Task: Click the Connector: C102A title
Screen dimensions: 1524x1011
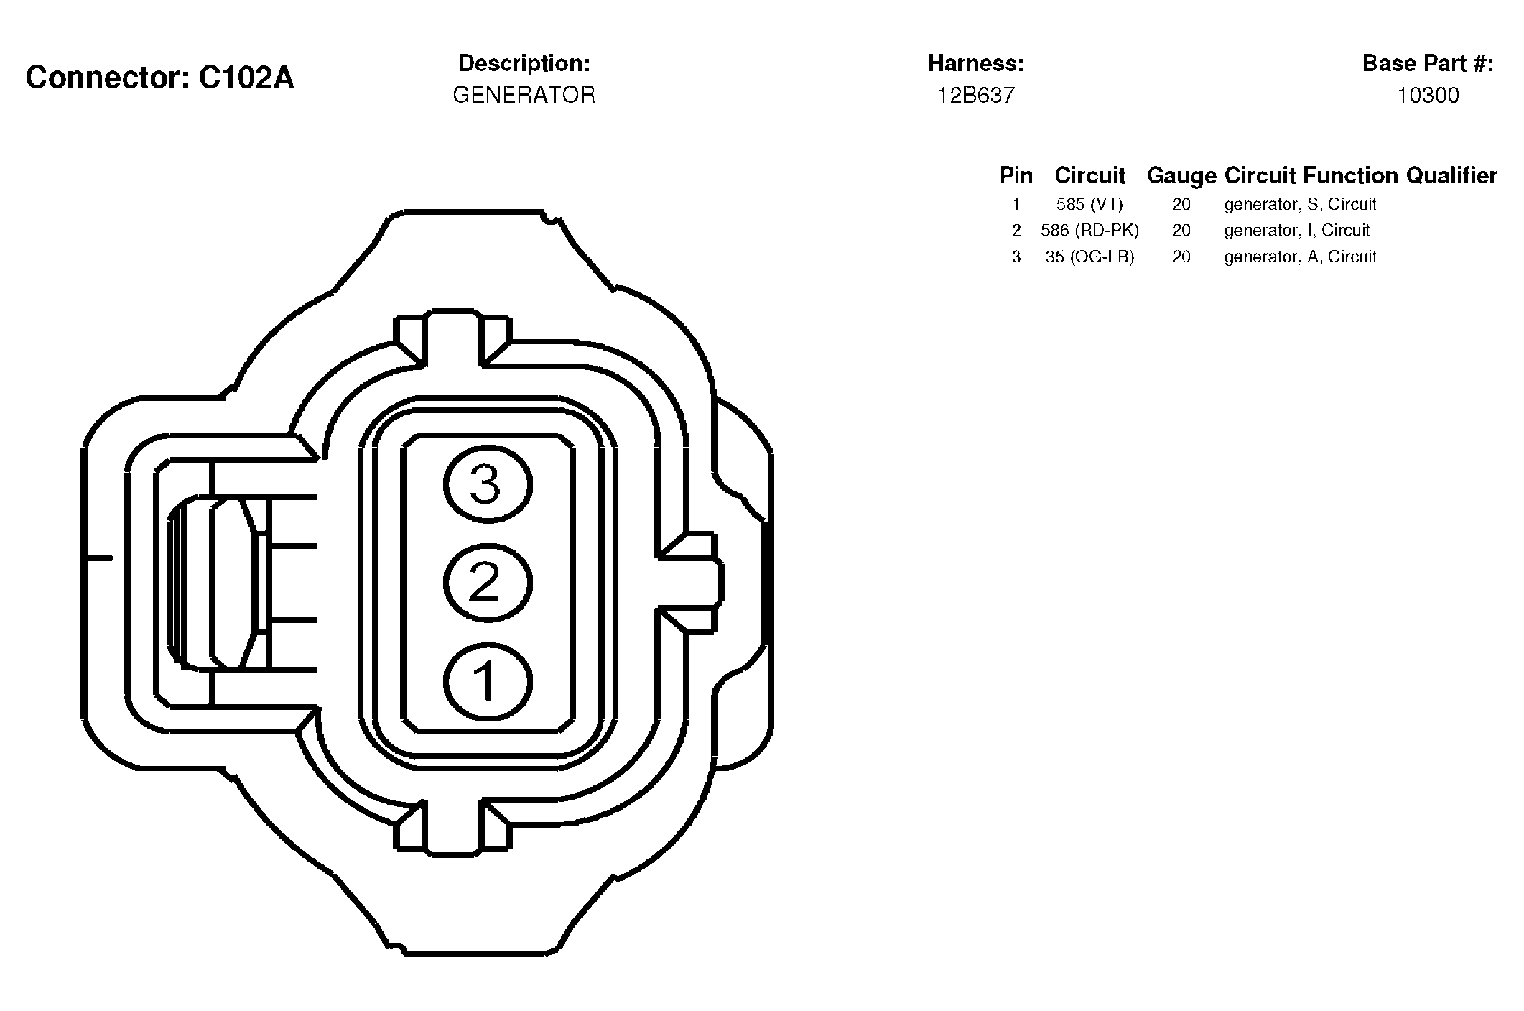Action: coord(159,78)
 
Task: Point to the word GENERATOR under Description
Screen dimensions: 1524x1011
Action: coord(524,95)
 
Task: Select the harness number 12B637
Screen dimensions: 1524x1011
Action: coord(976,95)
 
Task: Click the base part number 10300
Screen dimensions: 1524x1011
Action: coord(1428,95)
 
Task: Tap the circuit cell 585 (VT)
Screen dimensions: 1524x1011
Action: coord(1089,204)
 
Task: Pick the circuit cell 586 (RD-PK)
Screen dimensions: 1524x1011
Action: coord(1089,230)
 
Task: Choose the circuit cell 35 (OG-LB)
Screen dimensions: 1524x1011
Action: coord(1089,257)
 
